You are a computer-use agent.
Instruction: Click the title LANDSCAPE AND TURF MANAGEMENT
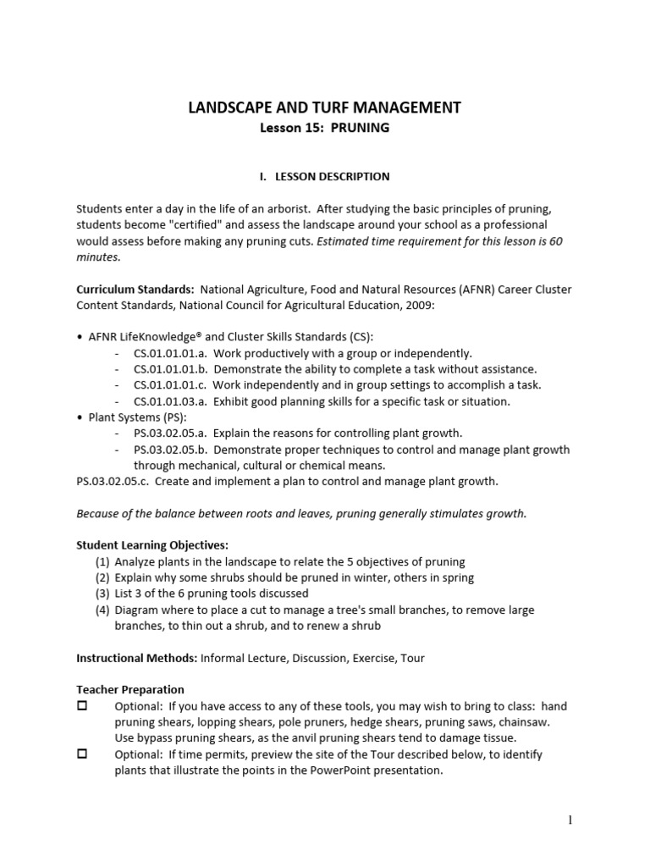(324, 108)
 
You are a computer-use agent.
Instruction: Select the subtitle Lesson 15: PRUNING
(324, 129)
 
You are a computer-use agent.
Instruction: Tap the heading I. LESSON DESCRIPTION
(324, 177)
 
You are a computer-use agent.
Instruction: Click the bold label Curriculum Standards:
(135, 290)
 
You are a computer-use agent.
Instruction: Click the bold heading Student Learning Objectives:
(152, 545)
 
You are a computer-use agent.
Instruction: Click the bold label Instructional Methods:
(136, 658)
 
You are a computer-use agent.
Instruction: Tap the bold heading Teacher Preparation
(130, 690)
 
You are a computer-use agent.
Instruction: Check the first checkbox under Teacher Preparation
(83, 706)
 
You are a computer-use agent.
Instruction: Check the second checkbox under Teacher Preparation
(83, 754)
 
